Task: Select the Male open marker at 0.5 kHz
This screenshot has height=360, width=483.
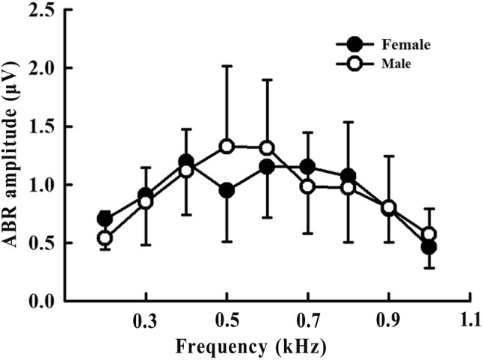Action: point(227,146)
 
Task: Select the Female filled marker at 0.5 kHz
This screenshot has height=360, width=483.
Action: point(227,190)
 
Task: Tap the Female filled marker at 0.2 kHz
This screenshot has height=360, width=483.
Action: point(105,219)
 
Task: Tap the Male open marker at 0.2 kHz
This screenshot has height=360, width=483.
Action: point(105,238)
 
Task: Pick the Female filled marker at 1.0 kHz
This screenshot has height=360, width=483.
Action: point(428,246)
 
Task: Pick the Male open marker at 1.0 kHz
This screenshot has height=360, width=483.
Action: point(428,234)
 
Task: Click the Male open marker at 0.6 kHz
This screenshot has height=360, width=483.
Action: point(267,148)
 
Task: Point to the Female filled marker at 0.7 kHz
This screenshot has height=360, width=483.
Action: point(307,167)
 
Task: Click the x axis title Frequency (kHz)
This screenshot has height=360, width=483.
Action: point(250,347)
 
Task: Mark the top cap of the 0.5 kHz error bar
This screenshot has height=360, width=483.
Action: point(227,66)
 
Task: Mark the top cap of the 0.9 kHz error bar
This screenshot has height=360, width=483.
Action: point(388,156)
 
